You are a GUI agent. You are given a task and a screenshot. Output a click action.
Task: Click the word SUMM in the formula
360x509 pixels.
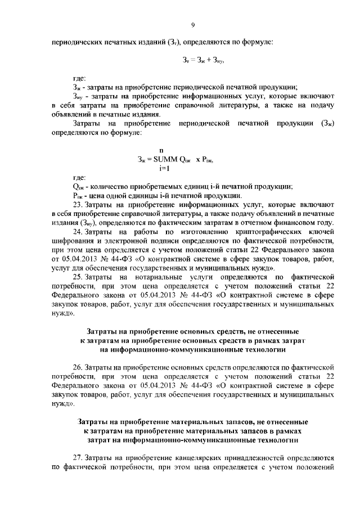tap(163, 159)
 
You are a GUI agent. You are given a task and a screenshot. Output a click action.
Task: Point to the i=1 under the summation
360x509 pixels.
tap(164, 168)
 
